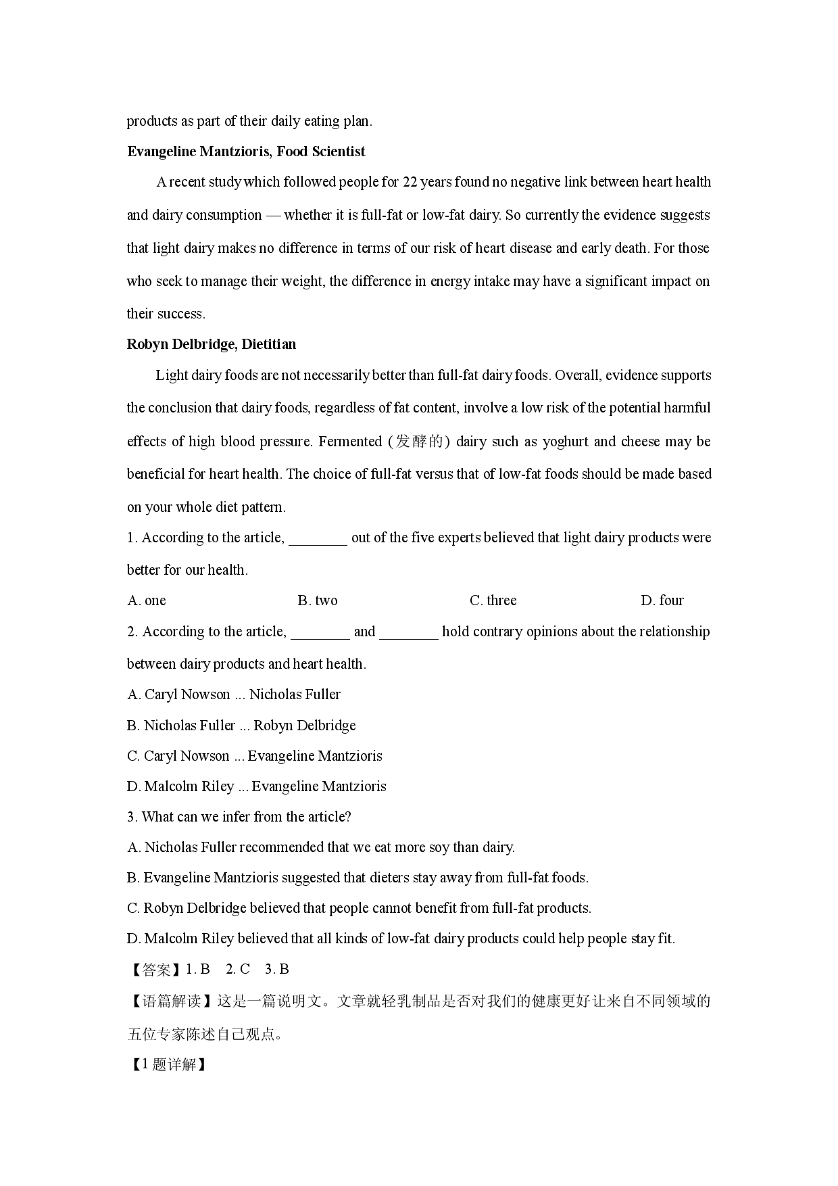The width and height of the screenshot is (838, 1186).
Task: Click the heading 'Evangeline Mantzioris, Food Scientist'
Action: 246,151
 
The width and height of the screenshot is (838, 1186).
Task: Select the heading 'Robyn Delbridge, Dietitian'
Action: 212,344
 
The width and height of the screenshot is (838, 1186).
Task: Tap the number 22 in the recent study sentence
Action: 410,182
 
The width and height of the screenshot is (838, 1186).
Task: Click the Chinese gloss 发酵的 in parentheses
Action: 419,442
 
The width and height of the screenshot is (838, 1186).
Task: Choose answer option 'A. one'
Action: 147,600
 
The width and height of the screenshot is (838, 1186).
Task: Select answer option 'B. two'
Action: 318,600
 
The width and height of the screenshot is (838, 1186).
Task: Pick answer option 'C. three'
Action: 493,600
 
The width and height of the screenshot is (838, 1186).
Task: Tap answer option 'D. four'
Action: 662,600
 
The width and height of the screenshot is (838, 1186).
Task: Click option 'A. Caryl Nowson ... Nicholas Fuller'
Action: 234,694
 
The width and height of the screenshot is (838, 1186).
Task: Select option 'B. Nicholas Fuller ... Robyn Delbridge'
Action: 241,726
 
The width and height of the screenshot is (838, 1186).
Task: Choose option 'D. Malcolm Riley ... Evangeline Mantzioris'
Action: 257,786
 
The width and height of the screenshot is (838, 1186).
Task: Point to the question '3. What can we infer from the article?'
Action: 239,817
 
